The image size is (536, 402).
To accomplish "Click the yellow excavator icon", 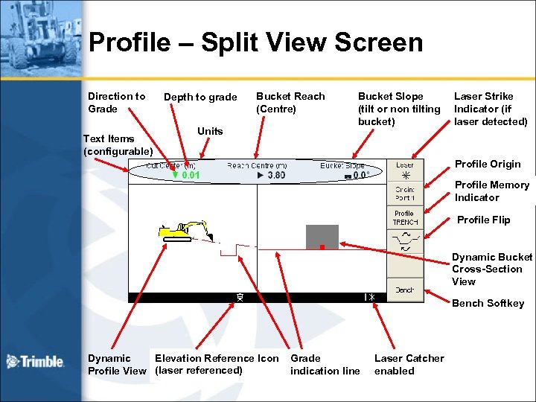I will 182,230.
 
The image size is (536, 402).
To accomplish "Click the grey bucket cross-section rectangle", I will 322,236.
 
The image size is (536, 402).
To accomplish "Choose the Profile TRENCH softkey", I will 405,217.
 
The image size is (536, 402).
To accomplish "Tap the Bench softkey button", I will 405,290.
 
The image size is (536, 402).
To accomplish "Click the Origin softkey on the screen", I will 405,194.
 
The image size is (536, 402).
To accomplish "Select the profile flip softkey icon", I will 405,242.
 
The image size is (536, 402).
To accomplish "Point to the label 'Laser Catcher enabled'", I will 409,365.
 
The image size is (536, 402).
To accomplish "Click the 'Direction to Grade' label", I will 116,102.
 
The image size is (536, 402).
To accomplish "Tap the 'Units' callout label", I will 210,131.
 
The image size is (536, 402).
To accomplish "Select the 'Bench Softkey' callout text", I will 488,303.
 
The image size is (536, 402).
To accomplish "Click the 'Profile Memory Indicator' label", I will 491,191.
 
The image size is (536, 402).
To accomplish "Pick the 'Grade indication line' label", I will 325,365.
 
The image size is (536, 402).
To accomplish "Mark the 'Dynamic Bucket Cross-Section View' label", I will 491,269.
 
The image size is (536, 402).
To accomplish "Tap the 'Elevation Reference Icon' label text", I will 217,358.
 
